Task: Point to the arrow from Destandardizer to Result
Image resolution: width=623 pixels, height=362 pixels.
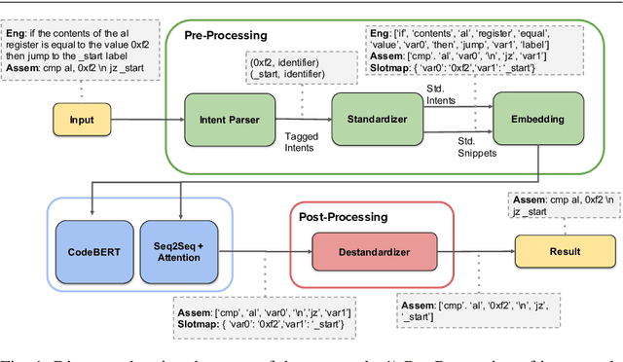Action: pos(478,251)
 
